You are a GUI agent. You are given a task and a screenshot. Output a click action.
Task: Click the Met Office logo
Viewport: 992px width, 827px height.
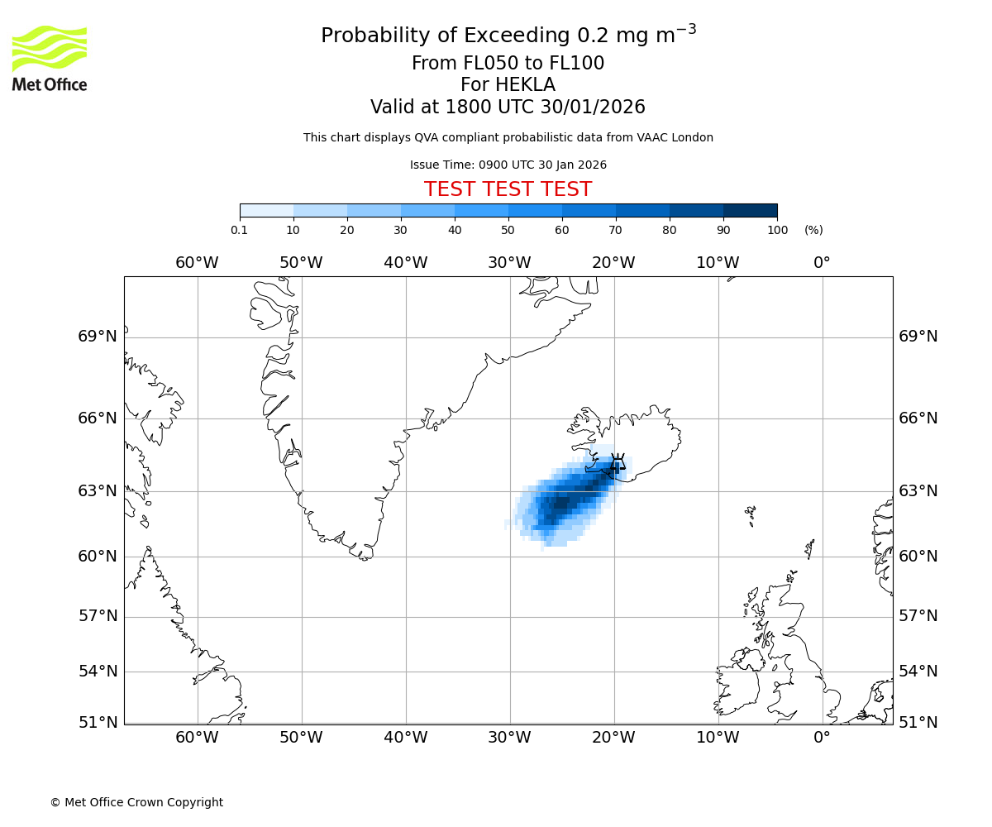click(x=50, y=58)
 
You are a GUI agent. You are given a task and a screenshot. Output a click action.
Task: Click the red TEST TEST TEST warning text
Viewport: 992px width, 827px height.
click(x=508, y=189)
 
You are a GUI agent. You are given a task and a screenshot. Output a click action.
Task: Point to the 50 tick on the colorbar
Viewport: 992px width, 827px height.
click(x=508, y=230)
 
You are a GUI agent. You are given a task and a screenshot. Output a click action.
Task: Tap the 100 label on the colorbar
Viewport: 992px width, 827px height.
click(x=777, y=230)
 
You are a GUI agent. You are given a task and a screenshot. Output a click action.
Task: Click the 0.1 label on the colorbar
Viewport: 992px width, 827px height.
click(x=240, y=230)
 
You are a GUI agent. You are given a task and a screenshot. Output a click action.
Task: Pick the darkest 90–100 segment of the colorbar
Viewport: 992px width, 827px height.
click(x=750, y=210)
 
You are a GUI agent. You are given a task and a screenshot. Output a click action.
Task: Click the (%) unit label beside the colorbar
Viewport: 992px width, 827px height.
click(x=813, y=230)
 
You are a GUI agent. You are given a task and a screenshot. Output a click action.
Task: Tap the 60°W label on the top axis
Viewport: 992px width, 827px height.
click(x=197, y=263)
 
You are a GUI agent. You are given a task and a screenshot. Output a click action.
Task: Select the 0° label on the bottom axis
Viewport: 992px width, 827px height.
click(x=822, y=738)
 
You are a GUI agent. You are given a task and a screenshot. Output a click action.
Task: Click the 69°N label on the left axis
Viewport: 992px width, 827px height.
click(x=98, y=337)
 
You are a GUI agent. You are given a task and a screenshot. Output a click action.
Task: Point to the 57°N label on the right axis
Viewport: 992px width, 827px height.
click(x=918, y=616)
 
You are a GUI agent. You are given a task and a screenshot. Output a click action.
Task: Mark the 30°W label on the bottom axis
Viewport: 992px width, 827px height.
click(x=509, y=738)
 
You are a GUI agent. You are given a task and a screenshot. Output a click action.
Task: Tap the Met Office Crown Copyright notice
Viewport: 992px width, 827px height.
click(x=136, y=802)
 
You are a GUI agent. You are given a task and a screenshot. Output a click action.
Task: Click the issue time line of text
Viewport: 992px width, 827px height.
click(x=508, y=165)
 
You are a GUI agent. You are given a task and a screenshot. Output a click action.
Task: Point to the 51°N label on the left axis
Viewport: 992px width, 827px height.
click(x=98, y=723)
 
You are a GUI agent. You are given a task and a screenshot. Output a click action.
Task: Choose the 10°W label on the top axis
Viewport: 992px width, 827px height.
click(x=718, y=263)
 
